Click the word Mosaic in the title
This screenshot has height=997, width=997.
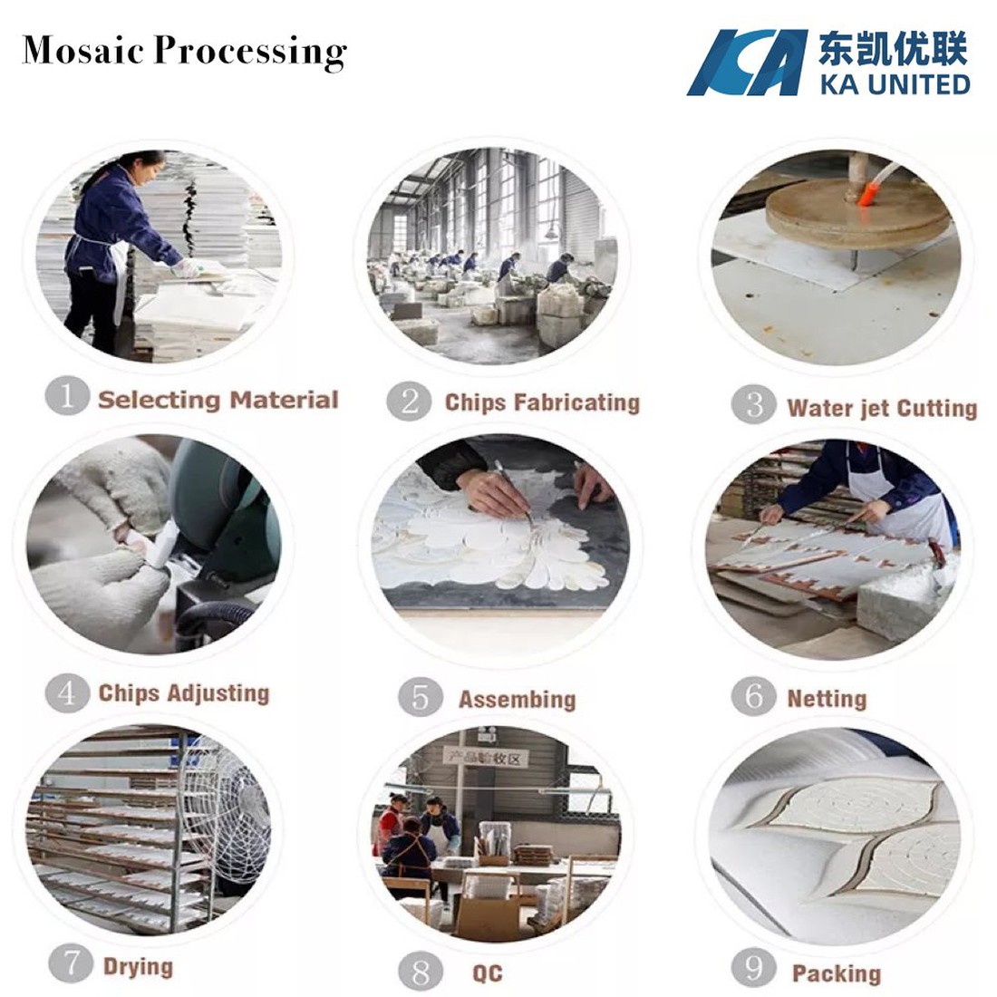click(83, 50)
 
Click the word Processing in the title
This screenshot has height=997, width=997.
click(250, 52)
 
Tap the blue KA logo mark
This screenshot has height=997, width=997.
click(745, 63)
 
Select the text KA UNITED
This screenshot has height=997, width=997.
click(895, 84)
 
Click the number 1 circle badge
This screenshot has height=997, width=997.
click(66, 396)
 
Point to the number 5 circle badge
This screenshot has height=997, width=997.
click(420, 697)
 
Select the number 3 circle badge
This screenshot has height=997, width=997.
click(754, 404)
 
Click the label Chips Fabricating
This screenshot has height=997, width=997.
click(541, 402)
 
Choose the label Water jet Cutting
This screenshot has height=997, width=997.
click(882, 408)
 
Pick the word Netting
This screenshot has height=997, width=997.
click(827, 699)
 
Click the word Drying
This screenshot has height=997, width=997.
click(138, 966)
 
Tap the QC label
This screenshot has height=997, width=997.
click(487, 973)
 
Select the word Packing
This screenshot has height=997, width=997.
click(836, 974)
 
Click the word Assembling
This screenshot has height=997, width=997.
click(517, 700)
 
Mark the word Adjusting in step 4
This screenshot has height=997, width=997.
click(218, 693)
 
